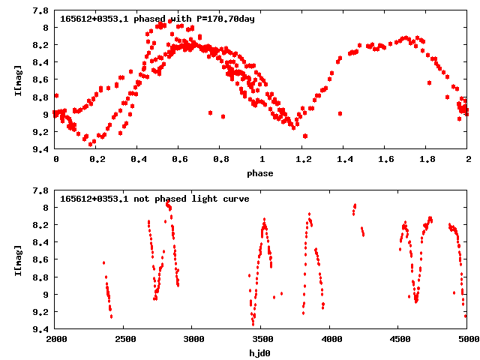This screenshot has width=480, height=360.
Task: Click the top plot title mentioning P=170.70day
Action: coord(157,19)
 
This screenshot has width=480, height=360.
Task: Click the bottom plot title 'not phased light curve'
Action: coord(154,199)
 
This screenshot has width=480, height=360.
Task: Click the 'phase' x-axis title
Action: coord(262,173)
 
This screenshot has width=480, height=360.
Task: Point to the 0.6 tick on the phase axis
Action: coord(179,160)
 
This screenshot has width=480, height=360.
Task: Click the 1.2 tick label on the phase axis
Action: coord(303,160)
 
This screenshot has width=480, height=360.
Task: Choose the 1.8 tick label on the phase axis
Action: coord(427,160)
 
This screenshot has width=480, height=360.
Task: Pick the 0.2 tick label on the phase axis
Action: coord(97,160)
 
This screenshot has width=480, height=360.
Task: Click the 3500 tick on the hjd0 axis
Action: coord(262,340)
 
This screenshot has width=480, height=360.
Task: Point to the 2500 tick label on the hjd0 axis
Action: coord(124,340)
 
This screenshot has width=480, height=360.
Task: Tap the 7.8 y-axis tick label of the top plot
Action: coord(42,10)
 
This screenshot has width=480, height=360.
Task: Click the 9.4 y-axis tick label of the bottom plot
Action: coord(42,329)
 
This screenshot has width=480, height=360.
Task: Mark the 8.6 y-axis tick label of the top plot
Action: coord(42,79)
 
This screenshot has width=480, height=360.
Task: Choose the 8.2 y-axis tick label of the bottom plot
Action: coord(42,225)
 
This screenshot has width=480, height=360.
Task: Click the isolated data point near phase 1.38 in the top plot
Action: coord(340,114)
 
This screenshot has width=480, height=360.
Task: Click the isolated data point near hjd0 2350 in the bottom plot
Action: coord(104,262)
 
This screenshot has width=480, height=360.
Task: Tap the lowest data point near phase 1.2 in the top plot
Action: coord(305,136)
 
